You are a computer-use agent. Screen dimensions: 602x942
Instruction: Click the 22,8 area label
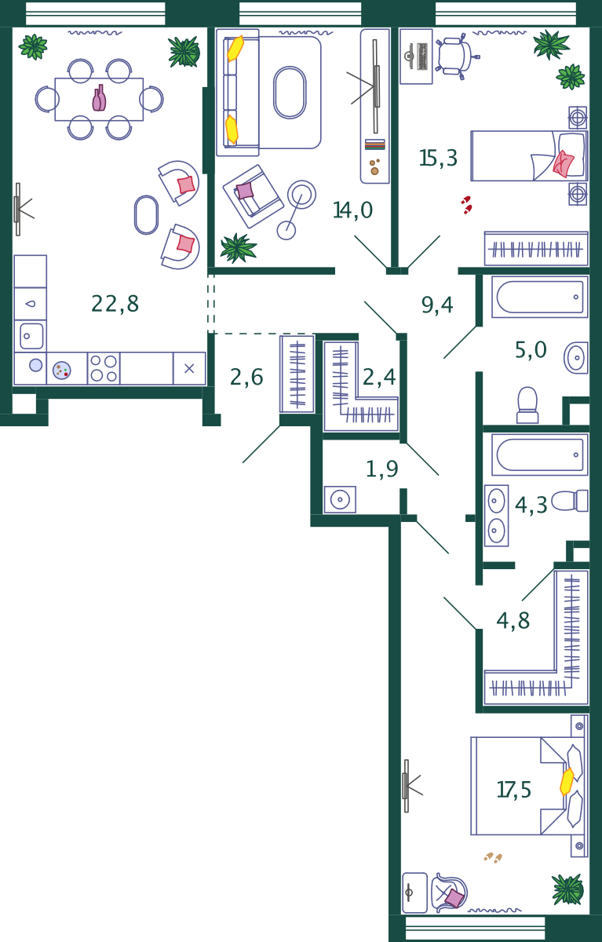115,304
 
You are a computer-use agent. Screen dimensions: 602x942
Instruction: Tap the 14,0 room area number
352,210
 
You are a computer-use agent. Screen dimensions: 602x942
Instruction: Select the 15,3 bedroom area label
438,158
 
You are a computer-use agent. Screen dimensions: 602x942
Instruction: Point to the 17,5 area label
514,790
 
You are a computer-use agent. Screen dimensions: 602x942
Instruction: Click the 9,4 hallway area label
437,305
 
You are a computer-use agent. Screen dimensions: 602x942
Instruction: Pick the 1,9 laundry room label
381,469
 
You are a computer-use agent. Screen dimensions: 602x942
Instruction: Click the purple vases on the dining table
99,98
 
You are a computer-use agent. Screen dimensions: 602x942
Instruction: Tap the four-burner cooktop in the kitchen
104,368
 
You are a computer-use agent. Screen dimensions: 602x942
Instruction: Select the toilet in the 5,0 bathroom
527,405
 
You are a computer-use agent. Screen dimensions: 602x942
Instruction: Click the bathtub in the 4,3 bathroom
540,455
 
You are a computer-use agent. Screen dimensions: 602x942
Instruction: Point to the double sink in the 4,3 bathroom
496,516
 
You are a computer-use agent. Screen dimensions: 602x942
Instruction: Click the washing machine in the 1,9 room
340,499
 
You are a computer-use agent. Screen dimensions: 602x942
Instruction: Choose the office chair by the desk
457,57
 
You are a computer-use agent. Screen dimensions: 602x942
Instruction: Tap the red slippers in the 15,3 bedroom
466,205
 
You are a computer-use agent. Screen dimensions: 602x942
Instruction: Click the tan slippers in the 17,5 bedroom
493,857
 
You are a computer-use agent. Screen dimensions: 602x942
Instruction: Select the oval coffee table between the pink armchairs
146,215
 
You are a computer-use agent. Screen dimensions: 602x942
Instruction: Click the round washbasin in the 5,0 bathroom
576,358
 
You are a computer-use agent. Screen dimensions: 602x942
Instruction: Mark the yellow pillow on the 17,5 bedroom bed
567,782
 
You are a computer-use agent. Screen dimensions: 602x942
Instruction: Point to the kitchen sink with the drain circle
31,336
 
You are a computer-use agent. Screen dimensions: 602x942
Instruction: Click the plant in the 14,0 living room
239,248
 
